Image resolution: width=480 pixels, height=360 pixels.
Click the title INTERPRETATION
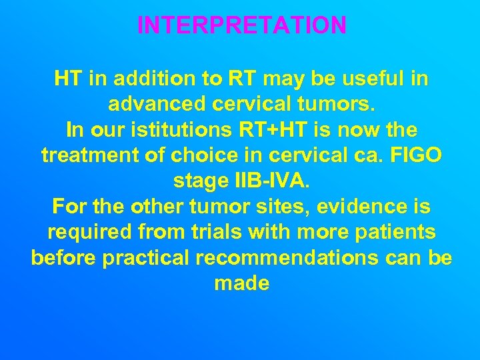point(241,25)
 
